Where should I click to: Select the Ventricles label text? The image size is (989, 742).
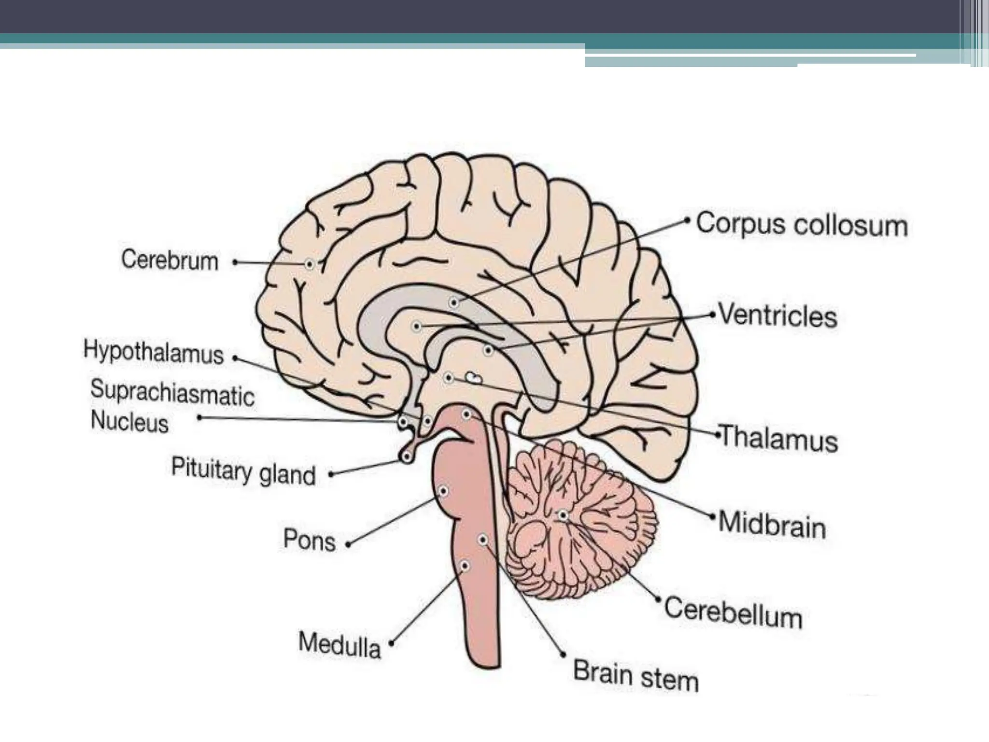(778, 316)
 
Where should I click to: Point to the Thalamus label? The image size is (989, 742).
(778, 439)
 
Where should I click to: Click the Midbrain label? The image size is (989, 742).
(772, 525)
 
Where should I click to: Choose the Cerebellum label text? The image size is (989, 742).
(733, 613)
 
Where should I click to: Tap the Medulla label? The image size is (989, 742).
(339, 644)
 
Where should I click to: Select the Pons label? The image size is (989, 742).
(309, 540)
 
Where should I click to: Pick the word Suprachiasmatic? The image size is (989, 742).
(172, 392)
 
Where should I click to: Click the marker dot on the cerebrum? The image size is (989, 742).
(310, 264)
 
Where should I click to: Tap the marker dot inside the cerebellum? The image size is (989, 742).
(563, 515)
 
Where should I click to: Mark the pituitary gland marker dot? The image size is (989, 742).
(407, 456)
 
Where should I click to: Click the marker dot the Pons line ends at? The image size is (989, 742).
(443, 491)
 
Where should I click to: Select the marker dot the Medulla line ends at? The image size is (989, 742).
(464, 566)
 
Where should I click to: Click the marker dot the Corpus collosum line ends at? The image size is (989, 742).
(453, 303)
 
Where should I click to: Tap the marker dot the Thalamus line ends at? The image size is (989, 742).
(448, 377)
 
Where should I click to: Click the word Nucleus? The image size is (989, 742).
(129, 421)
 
